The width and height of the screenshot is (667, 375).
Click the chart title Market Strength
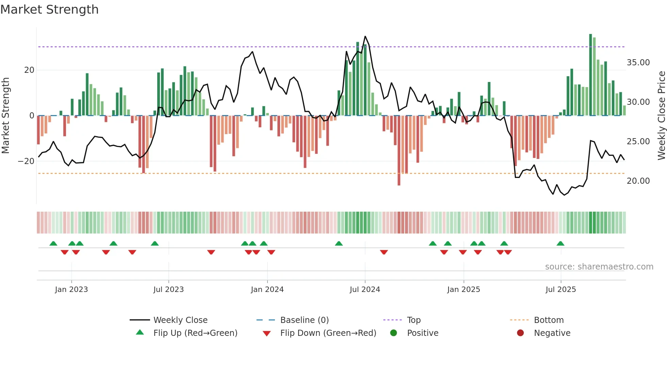pyautogui.click(x=49, y=10)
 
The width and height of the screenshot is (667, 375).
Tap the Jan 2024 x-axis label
pyautogui.click(x=267, y=290)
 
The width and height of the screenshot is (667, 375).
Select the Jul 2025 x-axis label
pyautogui.click(x=560, y=290)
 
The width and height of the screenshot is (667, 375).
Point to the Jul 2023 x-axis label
pyautogui.click(x=168, y=290)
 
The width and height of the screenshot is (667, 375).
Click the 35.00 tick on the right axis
pyautogui.click(x=638, y=63)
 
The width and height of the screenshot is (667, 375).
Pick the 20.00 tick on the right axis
pyautogui.click(x=638, y=181)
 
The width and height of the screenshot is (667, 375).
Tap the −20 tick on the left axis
pyautogui.click(x=26, y=161)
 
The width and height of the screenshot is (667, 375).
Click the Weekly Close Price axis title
pyautogui.click(x=661, y=116)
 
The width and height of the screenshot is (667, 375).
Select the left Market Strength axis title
pyautogui.click(x=5, y=116)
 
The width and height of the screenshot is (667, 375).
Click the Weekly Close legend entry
pyautogui.click(x=180, y=320)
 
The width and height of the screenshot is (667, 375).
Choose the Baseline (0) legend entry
pyautogui.click(x=304, y=320)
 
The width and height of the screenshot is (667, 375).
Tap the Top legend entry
pyautogui.click(x=414, y=320)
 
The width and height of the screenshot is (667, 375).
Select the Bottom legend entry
pyautogui.click(x=549, y=320)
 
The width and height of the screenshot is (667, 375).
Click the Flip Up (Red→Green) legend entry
pyautogui.click(x=195, y=333)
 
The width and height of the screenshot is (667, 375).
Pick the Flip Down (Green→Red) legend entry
pyautogui.click(x=328, y=333)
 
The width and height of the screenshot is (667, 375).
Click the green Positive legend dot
pyautogui.click(x=394, y=333)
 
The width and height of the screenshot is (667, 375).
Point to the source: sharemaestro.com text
pyautogui.click(x=599, y=267)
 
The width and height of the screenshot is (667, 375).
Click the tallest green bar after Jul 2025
pyautogui.click(x=590, y=75)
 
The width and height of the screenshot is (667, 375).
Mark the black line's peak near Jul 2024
pyautogui.click(x=365, y=36)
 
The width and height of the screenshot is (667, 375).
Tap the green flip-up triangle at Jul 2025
pyautogui.click(x=560, y=243)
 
